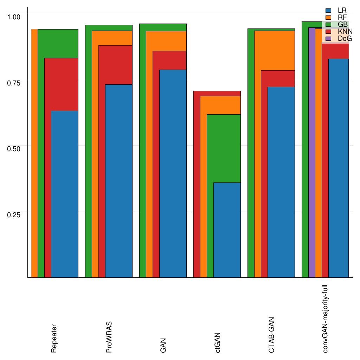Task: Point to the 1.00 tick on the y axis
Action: (14, 16)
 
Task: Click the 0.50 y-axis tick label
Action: (14, 148)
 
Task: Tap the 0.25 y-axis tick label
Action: (14, 214)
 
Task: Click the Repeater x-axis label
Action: (54, 339)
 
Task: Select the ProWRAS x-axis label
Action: (109, 337)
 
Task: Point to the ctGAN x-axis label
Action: (218, 342)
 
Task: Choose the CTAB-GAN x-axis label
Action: (271, 335)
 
